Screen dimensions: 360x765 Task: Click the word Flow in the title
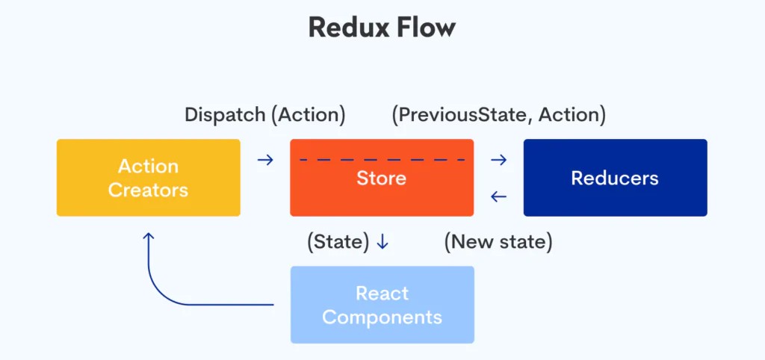428,28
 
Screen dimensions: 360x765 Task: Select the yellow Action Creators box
148,178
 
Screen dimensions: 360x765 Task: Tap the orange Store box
381,187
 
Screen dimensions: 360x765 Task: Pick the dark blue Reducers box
615,178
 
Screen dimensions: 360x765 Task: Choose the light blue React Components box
382,305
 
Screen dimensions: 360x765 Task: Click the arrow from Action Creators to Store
264,159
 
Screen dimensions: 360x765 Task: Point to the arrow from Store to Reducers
498,159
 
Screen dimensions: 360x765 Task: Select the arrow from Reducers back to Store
498,197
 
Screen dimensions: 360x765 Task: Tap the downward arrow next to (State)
382,242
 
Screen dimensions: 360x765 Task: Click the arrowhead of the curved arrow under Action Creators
149,237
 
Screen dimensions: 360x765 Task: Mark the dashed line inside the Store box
382,159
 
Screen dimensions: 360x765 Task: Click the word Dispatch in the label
225,115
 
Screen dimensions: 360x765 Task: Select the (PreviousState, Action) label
498,115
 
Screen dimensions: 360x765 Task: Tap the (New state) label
498,242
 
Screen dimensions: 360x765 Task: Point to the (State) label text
338,242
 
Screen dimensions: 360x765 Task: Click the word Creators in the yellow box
148,190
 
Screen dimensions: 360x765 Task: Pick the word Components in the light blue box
382,317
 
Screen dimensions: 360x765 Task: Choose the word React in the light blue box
382,293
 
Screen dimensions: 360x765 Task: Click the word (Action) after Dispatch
308,115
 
